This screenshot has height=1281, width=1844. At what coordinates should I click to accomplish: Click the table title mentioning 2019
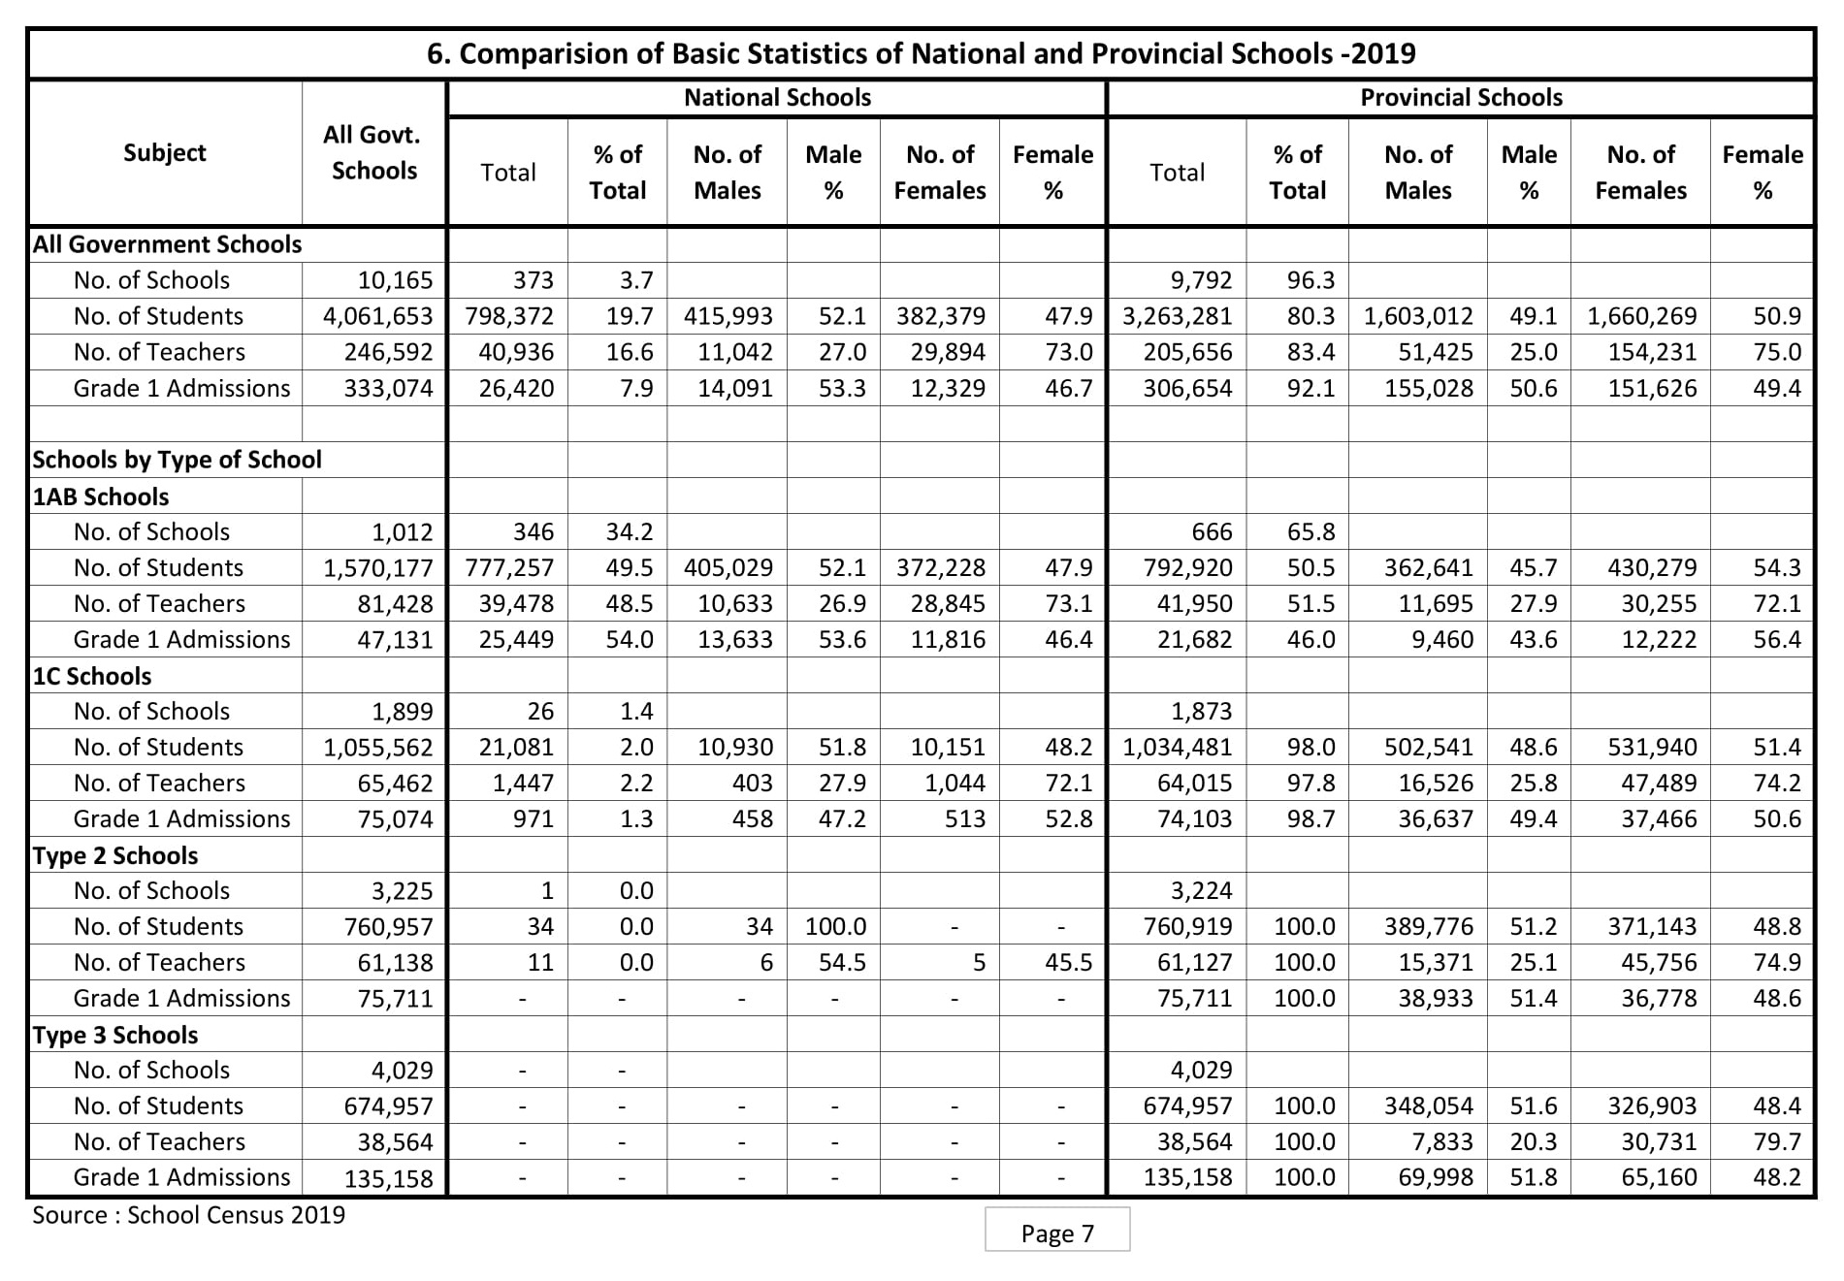click(x=921, y=53)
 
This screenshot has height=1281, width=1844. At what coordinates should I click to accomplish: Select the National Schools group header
click(x=777, y=98)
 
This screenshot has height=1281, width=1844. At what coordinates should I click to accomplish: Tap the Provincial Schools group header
click(x=1460, y=98)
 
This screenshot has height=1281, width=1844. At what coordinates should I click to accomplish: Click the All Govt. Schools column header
click(x=373, y=153)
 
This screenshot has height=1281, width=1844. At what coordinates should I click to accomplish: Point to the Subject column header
click(x=165, y=153)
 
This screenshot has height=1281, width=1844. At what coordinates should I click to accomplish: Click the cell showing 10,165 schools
click(x=388, y=281)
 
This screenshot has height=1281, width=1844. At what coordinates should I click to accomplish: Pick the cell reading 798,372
click(x=509, y=317)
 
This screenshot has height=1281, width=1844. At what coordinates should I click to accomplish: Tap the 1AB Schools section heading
click(x=101, y=496)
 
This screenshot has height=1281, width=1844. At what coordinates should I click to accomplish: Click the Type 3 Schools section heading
click(x=115, y=1035)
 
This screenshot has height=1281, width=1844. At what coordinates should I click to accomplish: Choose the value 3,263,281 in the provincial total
click(x=1178, y=317)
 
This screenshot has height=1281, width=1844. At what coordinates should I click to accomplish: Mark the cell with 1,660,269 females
click(x=1641, y=317)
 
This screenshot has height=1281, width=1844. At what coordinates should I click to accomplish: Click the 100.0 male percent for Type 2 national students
click(x=835, y=927)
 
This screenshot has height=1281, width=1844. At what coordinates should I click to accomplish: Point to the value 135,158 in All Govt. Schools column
click(x=388, y=1179)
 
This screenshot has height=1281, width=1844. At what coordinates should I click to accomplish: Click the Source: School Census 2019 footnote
click(x=188, y=1215)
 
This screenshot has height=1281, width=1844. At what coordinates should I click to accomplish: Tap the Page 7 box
click(x=1056, y=1233)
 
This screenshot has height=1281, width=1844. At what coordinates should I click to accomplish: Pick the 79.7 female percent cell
click(x=1776, y=1142)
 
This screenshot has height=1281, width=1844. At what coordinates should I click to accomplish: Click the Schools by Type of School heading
click(x=177, y=460)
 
